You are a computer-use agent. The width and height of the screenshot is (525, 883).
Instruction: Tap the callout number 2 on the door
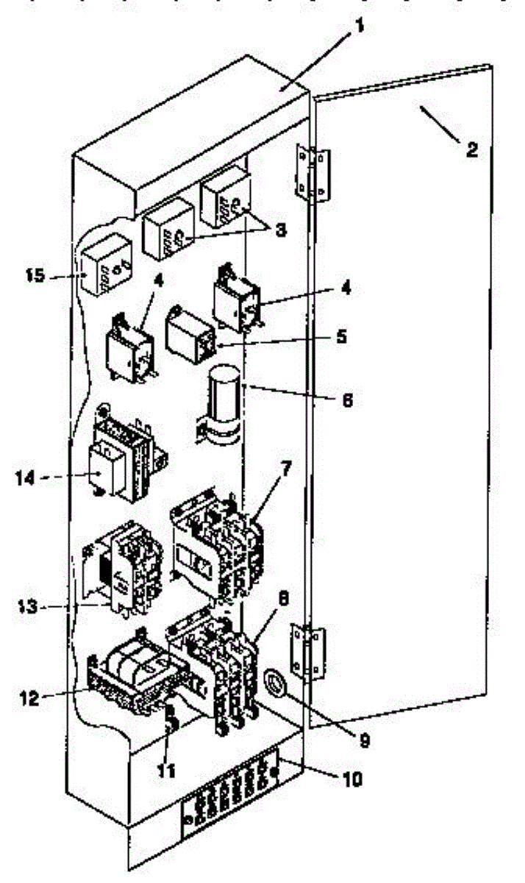[471, 150]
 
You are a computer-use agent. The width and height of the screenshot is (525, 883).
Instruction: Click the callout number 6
[347, 401]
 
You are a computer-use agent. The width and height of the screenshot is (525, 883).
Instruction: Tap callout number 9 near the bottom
[364, 740]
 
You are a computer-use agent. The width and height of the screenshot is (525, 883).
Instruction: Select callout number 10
[353, 779]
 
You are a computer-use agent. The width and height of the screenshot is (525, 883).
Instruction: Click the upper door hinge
[312, 172]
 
